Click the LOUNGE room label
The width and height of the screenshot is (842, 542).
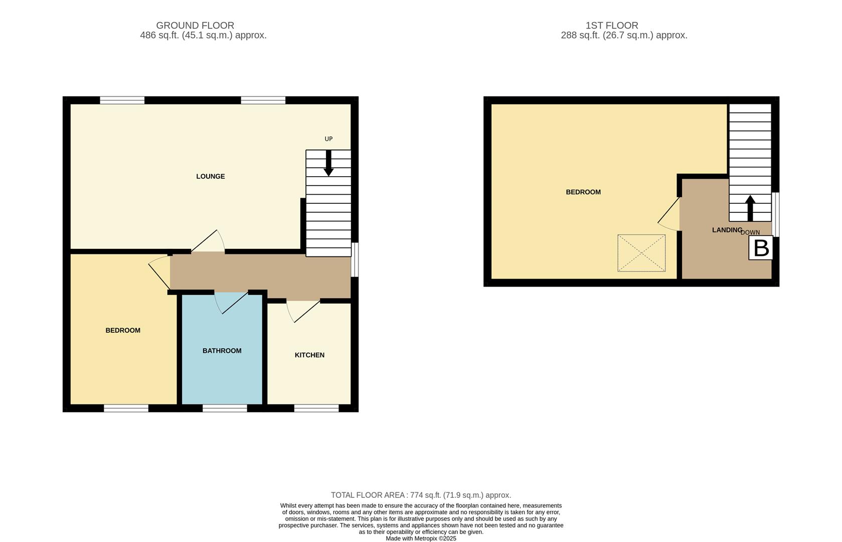210,176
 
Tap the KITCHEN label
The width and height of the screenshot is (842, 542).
309,355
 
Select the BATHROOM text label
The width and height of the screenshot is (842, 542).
222,351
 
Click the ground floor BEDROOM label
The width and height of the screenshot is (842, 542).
123,330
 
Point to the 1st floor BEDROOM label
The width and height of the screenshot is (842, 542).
583,192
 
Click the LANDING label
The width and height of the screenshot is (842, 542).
727,230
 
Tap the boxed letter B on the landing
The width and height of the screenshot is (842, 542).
761,248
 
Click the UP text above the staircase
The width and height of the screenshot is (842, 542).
328,139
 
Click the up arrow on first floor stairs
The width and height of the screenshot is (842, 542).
750,208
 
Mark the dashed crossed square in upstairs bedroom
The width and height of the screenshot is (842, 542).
641,253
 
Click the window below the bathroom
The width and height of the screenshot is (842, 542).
225,409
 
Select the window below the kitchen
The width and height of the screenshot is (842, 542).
316,409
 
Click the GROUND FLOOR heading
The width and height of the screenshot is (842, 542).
195,25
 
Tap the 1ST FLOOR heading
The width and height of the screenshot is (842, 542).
612,25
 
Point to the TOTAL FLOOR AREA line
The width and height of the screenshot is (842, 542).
421,495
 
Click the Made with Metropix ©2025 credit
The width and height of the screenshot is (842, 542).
421,538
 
